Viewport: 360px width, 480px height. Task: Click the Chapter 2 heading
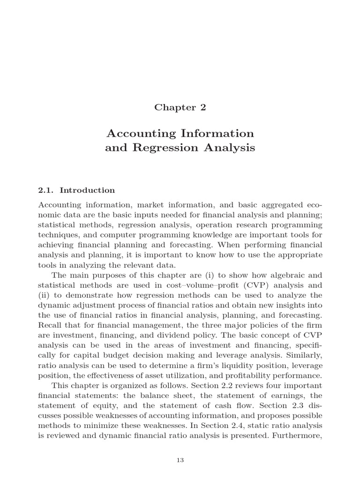click(x=180, y=107)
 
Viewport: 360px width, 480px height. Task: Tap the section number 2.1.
click(x=45, y=190)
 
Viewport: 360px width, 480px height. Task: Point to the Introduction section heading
click(x=87, y=190)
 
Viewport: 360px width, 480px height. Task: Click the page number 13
click(x=180, y=460)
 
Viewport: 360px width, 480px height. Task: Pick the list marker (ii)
click(x=44, y=295)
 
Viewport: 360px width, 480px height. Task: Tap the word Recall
click(x=50, y=326)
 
